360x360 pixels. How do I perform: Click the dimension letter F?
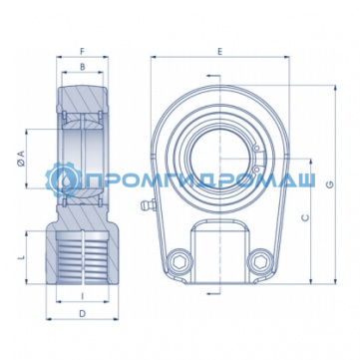pyautogui.click(x=83, y=51)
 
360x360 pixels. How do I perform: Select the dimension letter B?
pyautogui.click(x=83, y=67)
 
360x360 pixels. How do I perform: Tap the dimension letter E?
pyautogui.click(x=219, y=52)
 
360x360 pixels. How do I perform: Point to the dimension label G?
pyautogui.click(x=330, y=184)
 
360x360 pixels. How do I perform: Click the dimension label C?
pyautogui.click(x=305, y=217)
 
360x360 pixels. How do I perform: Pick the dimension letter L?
pyautogui.click(x=21, y=257)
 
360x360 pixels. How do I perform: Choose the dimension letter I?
pyautogui.click(x=83, y=295)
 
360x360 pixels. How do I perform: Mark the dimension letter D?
pyautogui.click(x=82, y=313)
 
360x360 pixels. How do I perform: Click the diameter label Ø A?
pyautogui.click(x=21, y=158)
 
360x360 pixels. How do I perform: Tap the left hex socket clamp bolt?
pyautogui.click(x=179, y=262)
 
